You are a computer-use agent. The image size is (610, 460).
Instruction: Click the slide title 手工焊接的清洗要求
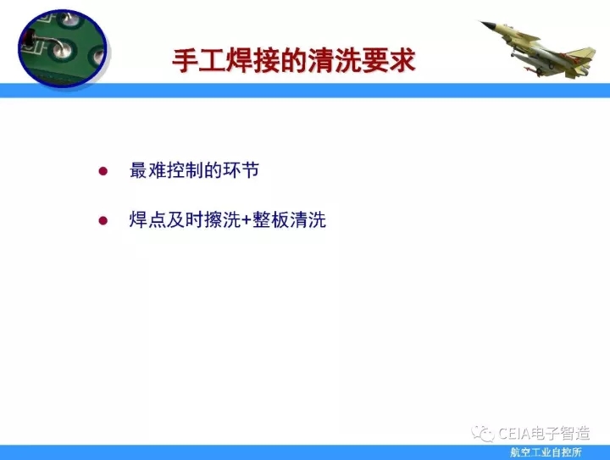294,61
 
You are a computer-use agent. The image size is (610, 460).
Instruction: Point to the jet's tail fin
581,57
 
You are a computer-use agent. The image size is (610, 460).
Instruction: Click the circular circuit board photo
63,47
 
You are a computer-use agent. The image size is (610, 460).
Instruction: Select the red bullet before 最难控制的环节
103,171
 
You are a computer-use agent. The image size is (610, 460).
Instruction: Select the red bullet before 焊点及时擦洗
103,221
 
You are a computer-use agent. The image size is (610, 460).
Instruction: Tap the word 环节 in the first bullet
241,170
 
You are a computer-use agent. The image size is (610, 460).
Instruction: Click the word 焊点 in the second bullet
147,220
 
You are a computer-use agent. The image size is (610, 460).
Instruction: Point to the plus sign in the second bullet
247,220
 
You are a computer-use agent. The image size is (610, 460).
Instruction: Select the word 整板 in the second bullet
271,220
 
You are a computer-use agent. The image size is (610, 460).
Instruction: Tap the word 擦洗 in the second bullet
223,220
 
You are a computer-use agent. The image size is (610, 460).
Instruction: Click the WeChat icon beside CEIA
482,434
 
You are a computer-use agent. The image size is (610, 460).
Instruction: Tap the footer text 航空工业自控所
546,452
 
